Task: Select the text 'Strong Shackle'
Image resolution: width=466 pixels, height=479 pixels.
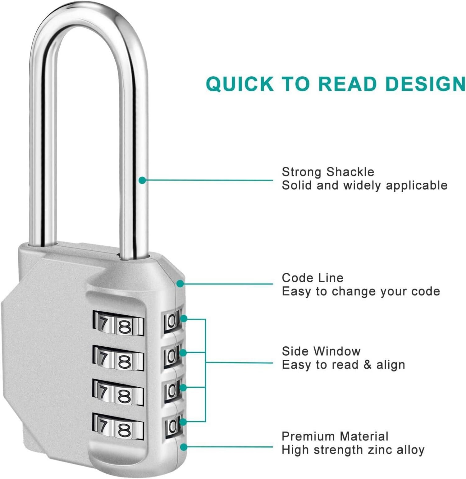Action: pos(328,172)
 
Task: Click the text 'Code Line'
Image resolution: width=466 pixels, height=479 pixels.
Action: pos(312,278)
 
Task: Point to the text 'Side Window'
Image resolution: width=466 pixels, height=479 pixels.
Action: pos(321,351)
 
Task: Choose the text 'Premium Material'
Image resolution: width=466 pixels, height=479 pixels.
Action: pos(335,436)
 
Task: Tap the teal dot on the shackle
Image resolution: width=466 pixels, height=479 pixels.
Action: pos(142,180)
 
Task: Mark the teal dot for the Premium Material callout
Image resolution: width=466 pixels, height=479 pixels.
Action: pos(184,447)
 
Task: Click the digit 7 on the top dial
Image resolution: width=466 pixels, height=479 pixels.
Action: pos(103,324)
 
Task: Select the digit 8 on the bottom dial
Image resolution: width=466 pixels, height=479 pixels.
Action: pos(124,430)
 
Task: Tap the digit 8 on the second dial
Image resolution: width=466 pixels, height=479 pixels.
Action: pos(124,361)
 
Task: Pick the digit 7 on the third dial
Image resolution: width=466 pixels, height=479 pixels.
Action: pos(103,392)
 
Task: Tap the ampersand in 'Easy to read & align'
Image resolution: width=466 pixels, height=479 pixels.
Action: pos(367,365)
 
